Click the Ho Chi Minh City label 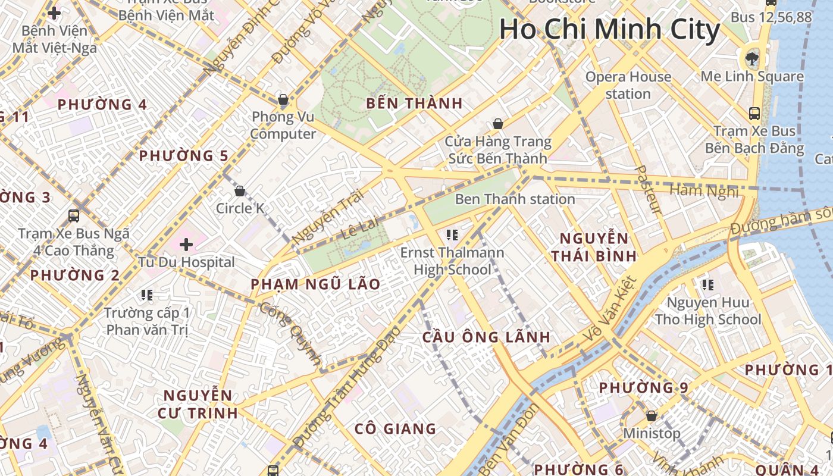click(609, 30)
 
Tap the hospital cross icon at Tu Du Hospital click(186, 244)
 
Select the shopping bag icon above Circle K click(239, 191)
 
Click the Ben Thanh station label click(515, 199)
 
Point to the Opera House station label click(628, 85)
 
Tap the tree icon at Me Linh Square click(752, 58)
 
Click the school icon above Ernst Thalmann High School click(452, 235)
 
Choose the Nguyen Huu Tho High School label click(707, 311)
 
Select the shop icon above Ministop click(652, 415)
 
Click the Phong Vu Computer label click(283, 125)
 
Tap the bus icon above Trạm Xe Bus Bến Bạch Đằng click(754, 113)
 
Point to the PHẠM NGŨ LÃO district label click(315, 284)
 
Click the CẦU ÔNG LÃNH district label click(486, 337)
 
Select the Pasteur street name click(649, 190)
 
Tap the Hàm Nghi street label click(703, 191)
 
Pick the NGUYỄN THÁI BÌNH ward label click(593, 248)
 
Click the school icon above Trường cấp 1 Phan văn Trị click(146, 295)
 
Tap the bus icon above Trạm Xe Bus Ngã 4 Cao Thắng click(74, 215)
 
